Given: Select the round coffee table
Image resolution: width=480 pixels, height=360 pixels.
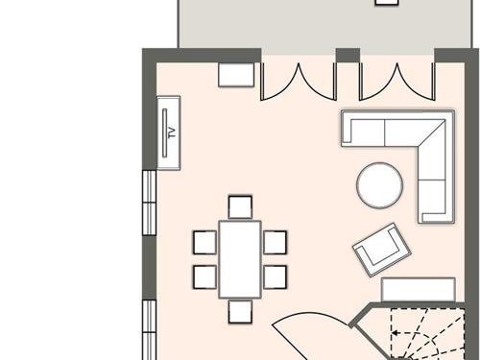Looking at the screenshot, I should [x=380, y=185].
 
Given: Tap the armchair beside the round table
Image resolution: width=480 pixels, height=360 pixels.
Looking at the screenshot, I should [x=379, y=249].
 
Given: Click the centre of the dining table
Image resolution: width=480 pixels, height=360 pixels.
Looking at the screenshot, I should [x=239, y=258].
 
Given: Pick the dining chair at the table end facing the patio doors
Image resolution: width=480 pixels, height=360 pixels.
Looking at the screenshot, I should [x=240, y=205].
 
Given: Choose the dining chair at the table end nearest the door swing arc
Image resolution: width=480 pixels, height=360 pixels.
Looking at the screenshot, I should [x=240, y=311].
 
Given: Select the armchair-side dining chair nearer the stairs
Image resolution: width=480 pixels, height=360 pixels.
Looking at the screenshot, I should [x=275, y=276].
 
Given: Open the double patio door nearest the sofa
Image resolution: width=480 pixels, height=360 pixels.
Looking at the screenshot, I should [x=395, y=82].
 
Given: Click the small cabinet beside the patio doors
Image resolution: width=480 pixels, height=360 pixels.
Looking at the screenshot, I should [x=235, y=76].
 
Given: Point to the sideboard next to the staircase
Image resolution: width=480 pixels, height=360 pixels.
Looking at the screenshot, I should [x=419, y=289].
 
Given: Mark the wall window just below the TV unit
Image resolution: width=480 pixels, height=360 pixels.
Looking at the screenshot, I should [x=149, y=202].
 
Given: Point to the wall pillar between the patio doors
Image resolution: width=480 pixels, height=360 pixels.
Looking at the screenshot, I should [x=347, y=57].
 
